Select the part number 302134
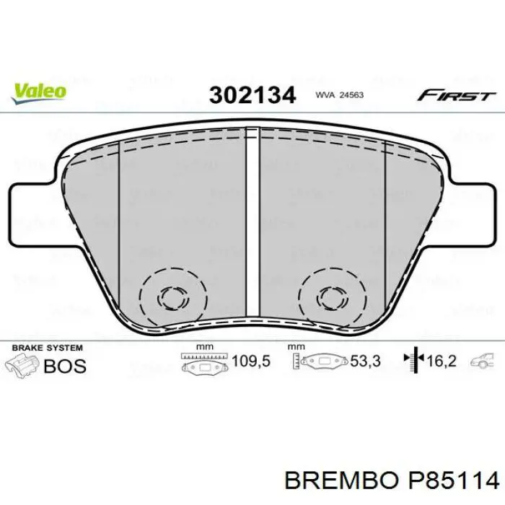click(252, 95)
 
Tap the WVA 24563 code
click(338, 95)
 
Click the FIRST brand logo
click(455, 95)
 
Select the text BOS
click(65, 365)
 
